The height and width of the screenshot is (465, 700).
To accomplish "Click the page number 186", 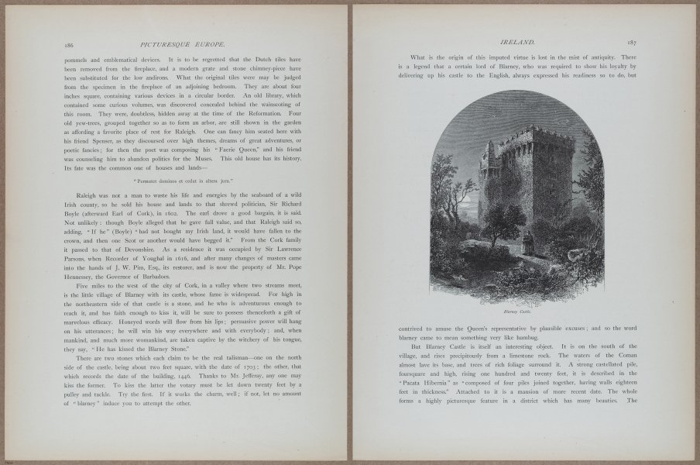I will (69, 45).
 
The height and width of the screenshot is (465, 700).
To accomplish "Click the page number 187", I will (632, 43).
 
